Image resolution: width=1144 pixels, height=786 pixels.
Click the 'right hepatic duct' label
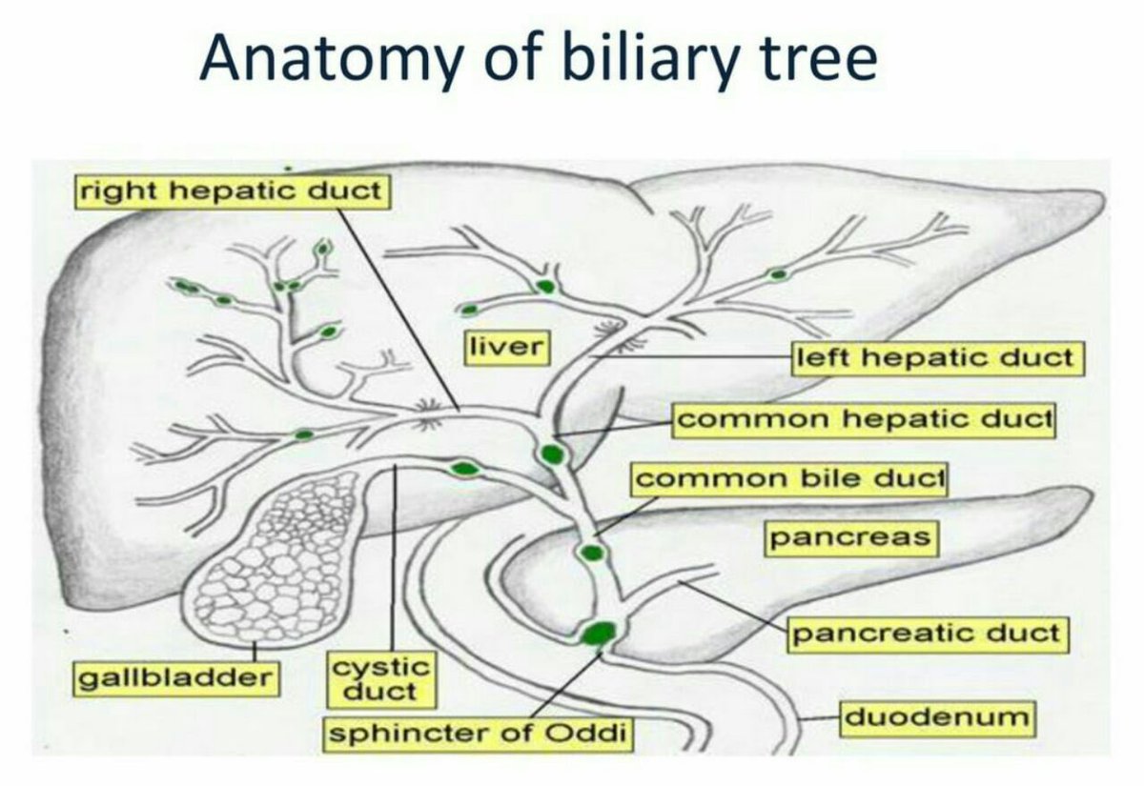click(x=230, y=191)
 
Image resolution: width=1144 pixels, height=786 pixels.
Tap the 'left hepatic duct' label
click(x=938, y=358)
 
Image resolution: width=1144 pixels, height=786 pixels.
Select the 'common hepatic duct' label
click(x=864, y=418)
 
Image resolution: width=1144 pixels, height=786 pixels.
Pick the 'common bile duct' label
click(x=788, y=478)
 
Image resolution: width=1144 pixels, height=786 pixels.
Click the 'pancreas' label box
click(x=849, y=537)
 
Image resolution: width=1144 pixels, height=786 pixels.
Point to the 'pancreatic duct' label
click(x=925, y=634)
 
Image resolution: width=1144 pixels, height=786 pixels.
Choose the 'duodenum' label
click(x=936, y=716)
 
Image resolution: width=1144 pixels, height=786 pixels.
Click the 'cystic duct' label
click(x=380, y=677)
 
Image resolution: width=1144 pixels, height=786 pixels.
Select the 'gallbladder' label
click(x=174, y=679)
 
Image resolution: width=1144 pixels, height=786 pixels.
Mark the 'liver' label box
click(x=505, y=346)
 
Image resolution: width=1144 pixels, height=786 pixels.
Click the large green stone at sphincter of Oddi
click(x=599, y=633)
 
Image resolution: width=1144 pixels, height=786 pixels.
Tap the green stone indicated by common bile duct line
click(x=591, y=552)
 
